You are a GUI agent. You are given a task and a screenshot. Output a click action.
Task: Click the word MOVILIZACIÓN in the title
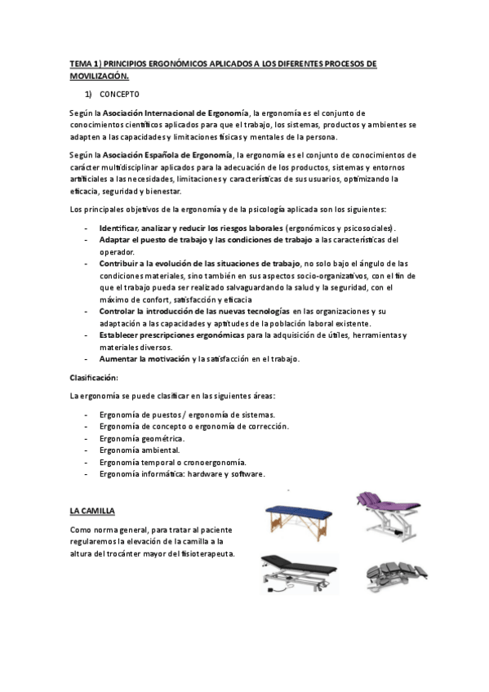99,76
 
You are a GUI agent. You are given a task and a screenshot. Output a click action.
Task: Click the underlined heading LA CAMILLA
92,511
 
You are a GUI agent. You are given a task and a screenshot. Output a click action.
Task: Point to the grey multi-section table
394,574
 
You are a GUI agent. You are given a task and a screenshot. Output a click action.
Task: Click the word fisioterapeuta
207,553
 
